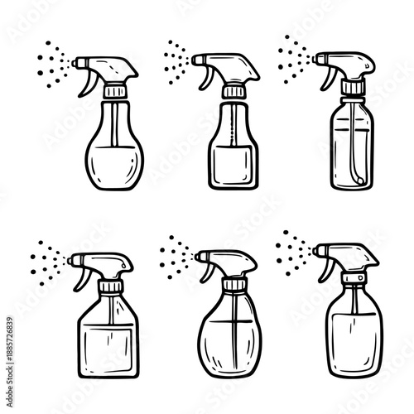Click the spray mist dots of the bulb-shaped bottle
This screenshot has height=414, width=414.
(55, 61)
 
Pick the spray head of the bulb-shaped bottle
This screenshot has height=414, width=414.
(108, 66)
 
